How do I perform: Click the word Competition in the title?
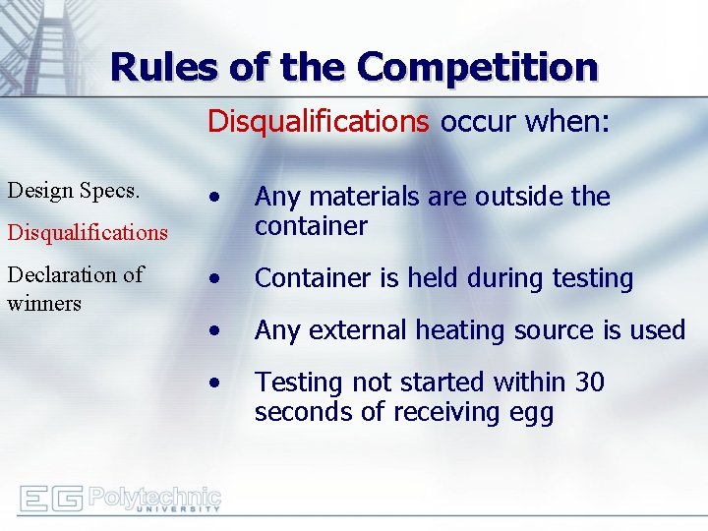tap(477, 67)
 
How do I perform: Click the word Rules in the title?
tap(162, 67)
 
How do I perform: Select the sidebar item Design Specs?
tap(73, 190)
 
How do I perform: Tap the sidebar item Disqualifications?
tap(88, 232)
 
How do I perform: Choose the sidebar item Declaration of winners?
tap(76, 288)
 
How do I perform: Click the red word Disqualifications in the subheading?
tap(318, 121)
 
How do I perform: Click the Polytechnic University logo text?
tap(154, 499)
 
